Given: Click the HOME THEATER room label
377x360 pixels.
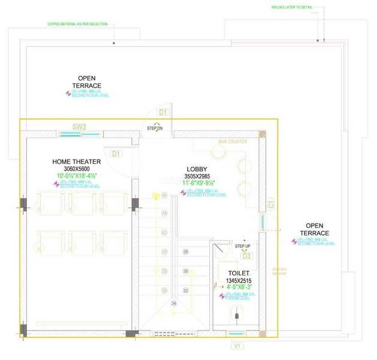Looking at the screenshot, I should pos(76,161).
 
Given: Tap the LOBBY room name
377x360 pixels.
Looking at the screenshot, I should pos(197,169).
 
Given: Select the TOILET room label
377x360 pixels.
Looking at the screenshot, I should pos(239,272).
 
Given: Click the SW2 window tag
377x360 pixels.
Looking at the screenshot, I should pos(80,127).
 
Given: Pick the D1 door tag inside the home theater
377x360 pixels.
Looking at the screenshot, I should pos(116,154).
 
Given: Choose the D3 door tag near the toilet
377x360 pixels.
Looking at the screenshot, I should pos(246,256).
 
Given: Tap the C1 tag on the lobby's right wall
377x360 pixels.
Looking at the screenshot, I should pos(271,205).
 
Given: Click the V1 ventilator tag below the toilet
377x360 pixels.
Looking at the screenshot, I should pos(237,346).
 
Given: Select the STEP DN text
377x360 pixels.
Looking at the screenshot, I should pos(155,128).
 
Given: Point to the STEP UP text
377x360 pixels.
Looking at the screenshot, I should pos(242,246).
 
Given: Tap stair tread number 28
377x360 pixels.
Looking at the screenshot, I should pos(185,251).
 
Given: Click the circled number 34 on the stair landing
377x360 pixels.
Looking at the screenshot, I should pos(174,304).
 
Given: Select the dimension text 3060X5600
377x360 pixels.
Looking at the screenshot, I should pos(76,169).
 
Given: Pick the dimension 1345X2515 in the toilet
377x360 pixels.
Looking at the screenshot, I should pos(239,280).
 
